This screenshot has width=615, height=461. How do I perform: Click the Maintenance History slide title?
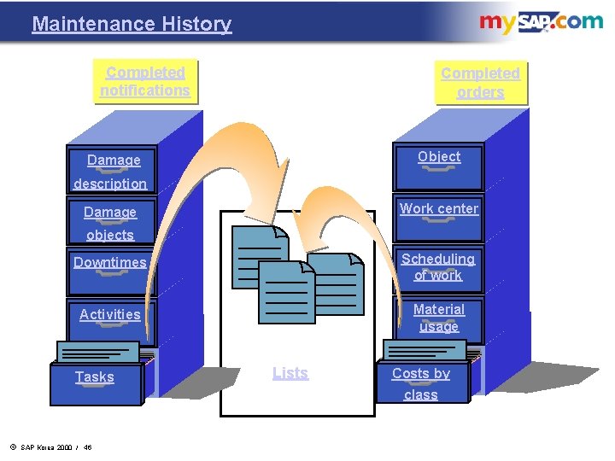tap(132, 24)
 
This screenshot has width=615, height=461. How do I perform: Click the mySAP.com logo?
tap(541, 22)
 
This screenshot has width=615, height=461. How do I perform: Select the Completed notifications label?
tap(145, 81)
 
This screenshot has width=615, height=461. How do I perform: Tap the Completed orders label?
tap(480, 83)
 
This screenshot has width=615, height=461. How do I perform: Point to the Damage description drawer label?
tap(111, 172)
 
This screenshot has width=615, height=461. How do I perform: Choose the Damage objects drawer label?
tap(110, 223)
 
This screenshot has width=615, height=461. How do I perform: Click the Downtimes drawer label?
tap(110, 263)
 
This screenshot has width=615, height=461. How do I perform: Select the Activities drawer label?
tap(110, 314)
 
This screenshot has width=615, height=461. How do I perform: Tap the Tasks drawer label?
tap(94, 377)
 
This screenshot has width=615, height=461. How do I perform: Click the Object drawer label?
tap(439, 157)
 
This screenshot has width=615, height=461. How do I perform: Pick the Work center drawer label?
tap(439, 209)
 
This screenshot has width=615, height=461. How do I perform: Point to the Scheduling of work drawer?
tap(438, 267)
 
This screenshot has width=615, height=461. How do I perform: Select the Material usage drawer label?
tap(439, 318)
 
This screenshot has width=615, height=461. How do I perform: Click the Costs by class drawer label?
tap(421, 384)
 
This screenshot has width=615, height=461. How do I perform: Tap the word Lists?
tap(290, 373)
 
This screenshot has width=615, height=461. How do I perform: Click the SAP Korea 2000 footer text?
tap(51, 447)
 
